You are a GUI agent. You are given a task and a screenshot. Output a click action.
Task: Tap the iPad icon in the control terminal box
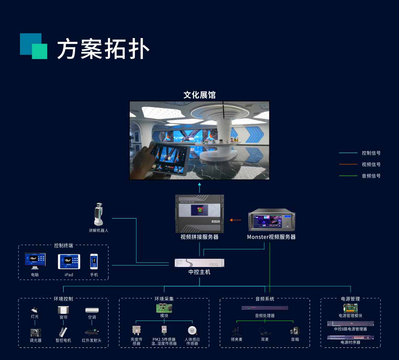(x=69, y=261)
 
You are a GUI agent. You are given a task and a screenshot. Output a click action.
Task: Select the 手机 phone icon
(x=94, y=261)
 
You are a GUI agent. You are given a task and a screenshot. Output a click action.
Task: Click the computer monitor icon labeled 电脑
(x=35, y=261)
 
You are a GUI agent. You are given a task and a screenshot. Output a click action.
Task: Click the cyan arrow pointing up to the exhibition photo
(x=199, y=186)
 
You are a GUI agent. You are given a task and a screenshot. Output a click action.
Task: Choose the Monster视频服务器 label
(x=271, y=237)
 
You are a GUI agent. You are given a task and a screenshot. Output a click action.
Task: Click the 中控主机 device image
(x=199, y=263)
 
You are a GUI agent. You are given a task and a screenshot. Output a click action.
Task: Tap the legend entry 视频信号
(x=371, y=164)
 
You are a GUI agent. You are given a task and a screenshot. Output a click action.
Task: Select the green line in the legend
(x=348, y=176)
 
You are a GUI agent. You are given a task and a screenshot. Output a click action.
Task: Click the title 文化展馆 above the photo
(x=199, y=95)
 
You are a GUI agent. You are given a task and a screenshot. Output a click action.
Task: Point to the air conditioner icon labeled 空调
(x=92, y=310)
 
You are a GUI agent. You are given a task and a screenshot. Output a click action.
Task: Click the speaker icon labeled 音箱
(x=295, y=331)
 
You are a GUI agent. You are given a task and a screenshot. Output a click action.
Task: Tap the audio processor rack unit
(x=265, y=308)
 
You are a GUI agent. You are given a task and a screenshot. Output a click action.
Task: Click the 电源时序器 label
(x=350, y=342)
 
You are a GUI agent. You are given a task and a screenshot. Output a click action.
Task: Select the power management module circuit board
(x=350, y=308)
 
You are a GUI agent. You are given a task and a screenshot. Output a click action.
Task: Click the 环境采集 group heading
(x=164, y=299)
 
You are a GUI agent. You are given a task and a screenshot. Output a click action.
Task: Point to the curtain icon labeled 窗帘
(x=63, y=310)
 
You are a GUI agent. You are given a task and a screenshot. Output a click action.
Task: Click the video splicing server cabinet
(x=199, y=214)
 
